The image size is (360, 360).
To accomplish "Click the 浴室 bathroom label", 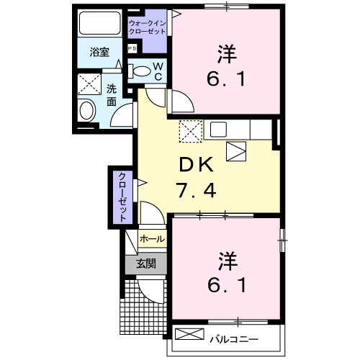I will pyautogui.click(x=99, y=53).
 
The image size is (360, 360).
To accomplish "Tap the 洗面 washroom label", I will pyautogui.click(x=112, y=96).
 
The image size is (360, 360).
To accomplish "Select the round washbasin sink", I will pyautogui.click(x=87, y=110).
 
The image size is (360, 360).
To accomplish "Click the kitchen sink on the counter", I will pyautogui.click(x=218, y=130).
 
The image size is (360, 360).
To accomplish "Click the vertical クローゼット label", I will pyautogui.click(x=122, y=196).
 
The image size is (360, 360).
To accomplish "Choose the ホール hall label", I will pyautogui.click(x=152, y=238).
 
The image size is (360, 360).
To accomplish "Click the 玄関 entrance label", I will pyautogui.click(x=146, y=264).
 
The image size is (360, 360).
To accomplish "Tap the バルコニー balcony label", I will pyautogui.click(x=235, y=337).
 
